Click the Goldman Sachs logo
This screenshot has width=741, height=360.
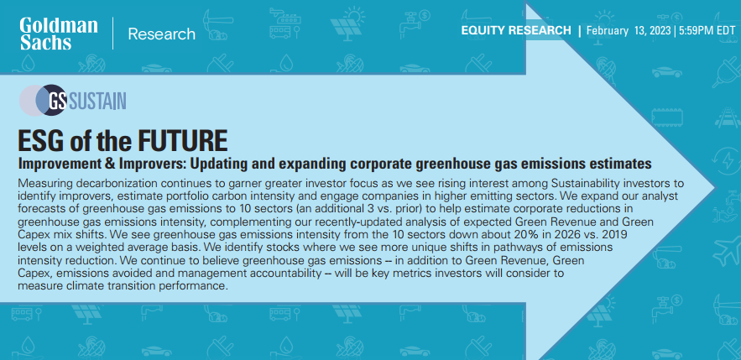point(59,34)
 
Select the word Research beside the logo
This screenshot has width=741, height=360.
point(162,34)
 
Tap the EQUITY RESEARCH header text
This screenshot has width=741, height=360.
point(516,31)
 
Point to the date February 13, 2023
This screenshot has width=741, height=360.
point(629,31)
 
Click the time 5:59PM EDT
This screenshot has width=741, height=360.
point(707,31)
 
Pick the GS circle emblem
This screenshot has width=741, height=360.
point(50,100)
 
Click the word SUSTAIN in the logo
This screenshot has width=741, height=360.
point(97,101)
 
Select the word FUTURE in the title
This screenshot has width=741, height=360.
point(182,140)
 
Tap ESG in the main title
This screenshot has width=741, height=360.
point(39,140)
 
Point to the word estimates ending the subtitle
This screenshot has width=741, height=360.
point(624,164)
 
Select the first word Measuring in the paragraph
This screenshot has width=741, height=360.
point(42,183)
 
